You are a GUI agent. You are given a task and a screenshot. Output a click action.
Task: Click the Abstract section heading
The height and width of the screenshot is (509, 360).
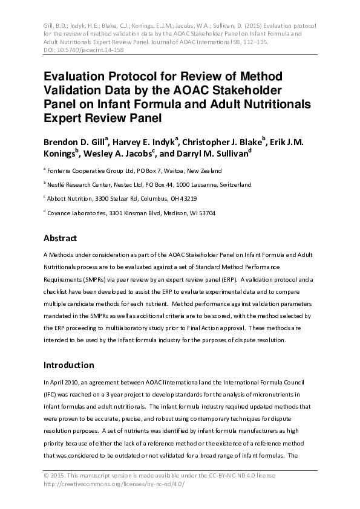pos(68,238)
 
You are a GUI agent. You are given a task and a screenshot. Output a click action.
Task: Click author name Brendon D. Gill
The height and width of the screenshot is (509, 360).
pos(74,141)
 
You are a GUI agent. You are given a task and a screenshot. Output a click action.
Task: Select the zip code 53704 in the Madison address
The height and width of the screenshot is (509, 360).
pos(205,213)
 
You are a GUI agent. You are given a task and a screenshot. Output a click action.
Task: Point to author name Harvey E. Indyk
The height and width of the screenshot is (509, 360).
pos(143,141)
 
